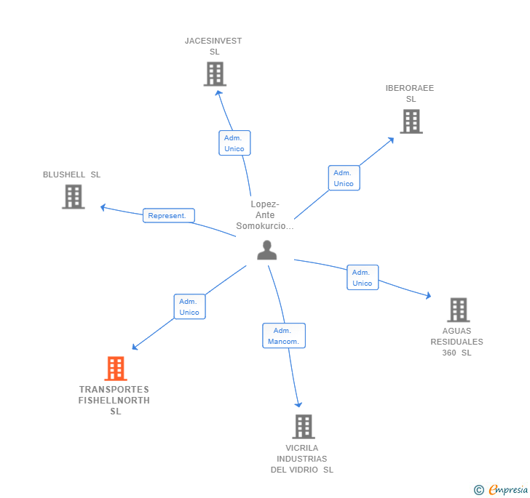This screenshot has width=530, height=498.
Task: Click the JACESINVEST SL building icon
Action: [x=215, y=74]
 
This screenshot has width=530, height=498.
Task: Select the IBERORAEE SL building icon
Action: [x=411, y=121]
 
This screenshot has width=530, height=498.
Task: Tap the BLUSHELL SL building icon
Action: [x=73, y=196]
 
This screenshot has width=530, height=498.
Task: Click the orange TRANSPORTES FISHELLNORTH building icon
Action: [x=115, y=369]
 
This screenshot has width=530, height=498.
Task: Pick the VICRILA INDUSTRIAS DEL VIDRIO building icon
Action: [x=303, y=426]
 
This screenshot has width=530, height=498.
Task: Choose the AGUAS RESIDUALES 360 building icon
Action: [x=457, y=310]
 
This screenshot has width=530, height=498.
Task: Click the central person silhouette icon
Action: [x=267, y=250]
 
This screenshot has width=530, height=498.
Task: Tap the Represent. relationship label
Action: [x=168, y=215]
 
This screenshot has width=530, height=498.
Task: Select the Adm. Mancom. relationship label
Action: [x=283, y=336]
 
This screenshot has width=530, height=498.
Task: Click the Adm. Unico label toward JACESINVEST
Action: [x=234, y=143]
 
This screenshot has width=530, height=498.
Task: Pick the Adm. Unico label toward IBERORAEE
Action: [x=343, y=178]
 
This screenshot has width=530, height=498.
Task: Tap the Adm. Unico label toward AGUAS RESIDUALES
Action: [x=362, y=278]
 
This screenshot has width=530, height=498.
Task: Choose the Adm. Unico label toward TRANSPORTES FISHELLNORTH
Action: [x=189, y=307]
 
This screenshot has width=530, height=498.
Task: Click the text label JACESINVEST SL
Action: [x=213, y=46]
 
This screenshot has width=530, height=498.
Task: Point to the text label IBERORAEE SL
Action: [x=410, y=93]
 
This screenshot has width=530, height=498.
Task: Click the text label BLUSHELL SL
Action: [x=71, y=174]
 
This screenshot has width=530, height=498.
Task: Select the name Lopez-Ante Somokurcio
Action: [x=265, y=215]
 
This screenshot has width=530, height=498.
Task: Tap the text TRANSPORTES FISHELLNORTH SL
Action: [x=114, y=401]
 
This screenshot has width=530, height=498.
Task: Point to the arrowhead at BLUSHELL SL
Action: [x=103, y=207]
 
